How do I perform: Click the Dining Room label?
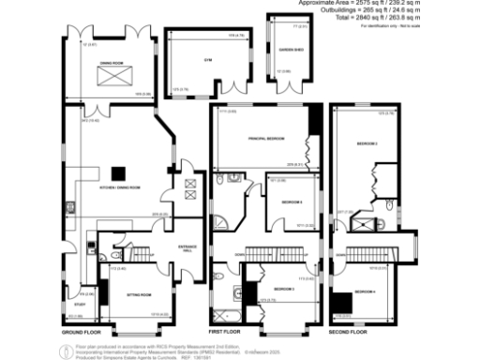pos(113,63)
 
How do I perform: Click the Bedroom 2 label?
pos(367,143)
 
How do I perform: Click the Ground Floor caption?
pos(81,333)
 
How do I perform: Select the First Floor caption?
pos(226,333)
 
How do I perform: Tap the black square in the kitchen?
pos(120,172)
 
